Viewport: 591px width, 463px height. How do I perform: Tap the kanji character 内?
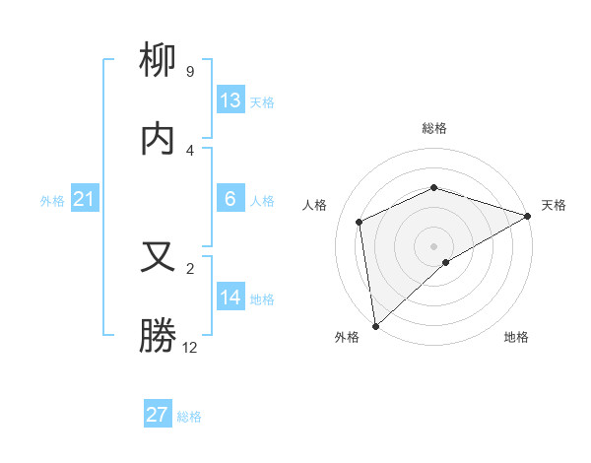159,139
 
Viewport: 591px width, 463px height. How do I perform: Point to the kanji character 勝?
159,335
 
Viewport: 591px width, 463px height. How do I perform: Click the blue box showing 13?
230,100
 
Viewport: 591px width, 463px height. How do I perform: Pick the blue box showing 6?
230,199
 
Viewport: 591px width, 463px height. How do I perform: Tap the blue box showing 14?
230,298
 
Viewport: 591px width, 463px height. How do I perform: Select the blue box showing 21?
85,200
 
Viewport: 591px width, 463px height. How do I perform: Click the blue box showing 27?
158,415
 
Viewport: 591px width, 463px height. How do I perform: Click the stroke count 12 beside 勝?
190,347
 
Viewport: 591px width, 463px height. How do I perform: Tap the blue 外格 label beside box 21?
52,201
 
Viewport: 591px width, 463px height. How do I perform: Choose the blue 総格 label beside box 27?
189,417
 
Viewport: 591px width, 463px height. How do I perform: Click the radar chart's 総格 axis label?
434,128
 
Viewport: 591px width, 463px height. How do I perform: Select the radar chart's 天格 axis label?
554,205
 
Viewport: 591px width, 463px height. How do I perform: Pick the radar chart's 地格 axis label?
516,337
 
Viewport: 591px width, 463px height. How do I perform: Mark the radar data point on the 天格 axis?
527,216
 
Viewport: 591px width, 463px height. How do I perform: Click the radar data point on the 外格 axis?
375,325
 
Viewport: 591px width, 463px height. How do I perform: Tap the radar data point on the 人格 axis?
360,222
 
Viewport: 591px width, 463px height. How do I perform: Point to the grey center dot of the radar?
433,245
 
